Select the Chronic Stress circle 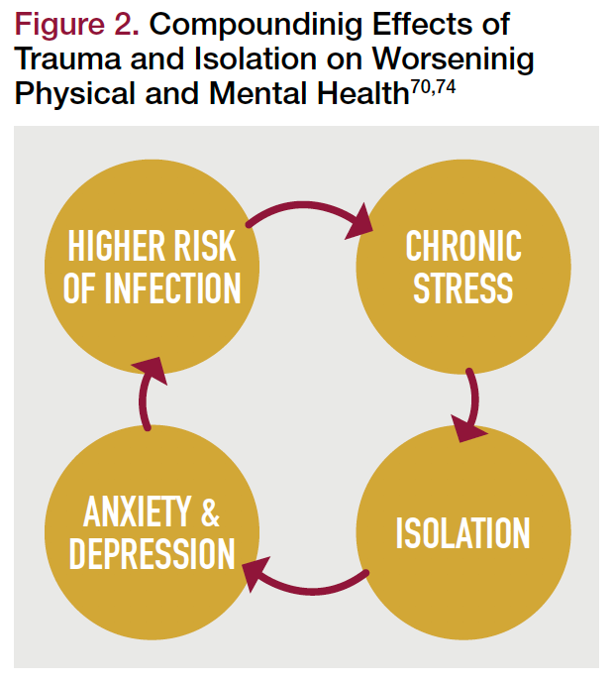click(x=463, y=266)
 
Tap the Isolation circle click(x=463, y=532)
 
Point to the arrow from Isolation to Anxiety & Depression click(x=307, y=585)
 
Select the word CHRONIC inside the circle click(x=463, y=245)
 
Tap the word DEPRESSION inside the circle click(x=152, y=553)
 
